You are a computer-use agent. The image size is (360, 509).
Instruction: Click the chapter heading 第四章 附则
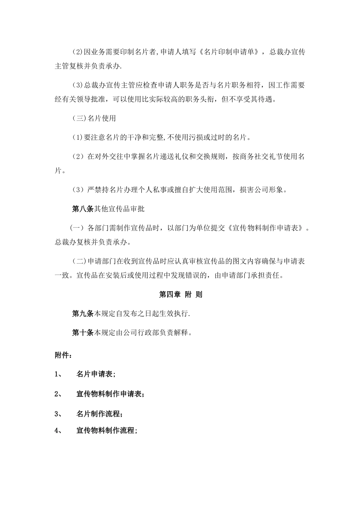coord(180,294)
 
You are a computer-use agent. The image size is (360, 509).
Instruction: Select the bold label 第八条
coord(83,209)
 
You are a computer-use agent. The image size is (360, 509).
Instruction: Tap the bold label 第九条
coord(83,314)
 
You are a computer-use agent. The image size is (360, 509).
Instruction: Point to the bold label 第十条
coord(83,333)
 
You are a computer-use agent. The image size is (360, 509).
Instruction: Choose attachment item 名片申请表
coord(96,374)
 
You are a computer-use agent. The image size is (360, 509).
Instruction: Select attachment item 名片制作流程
coord(99,414)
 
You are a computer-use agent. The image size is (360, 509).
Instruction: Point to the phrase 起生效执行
coord(172,314)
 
